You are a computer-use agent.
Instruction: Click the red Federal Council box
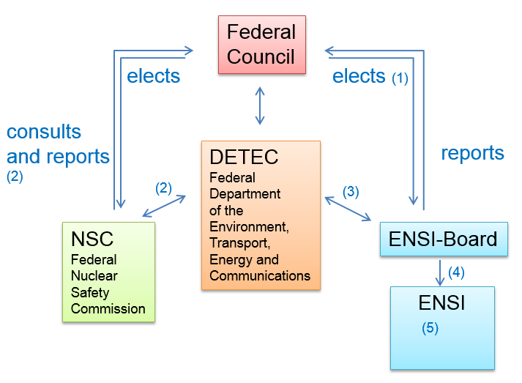261,45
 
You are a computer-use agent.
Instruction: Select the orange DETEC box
261,215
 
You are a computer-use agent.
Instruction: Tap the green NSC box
108,272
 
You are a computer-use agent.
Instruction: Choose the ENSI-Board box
444,239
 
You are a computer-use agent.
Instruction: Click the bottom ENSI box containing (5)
442,327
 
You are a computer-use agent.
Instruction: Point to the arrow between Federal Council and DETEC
260,105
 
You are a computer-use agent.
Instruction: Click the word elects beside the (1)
359,76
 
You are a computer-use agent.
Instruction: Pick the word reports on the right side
472,153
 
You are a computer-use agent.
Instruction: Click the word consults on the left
44,132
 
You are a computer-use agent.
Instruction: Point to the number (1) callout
400,77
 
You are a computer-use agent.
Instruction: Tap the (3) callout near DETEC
351,191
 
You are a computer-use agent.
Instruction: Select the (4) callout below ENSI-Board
456,272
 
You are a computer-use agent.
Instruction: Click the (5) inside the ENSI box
430,328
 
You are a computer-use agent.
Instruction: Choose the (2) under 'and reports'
15,176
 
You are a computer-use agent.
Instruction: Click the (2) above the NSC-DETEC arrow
164,187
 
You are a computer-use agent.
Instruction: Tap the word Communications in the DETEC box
260,276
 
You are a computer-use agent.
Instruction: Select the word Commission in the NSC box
108,308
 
